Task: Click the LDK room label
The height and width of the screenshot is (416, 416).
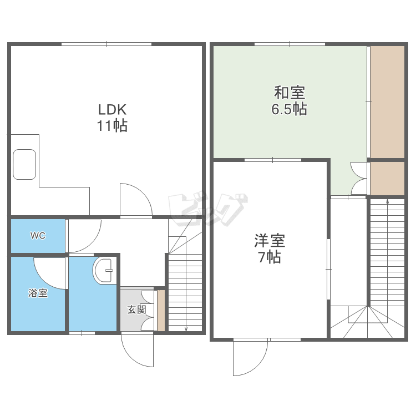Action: [112, 109]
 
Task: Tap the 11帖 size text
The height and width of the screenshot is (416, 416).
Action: [112, 126]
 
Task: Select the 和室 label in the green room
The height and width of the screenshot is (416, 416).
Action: [290, 92]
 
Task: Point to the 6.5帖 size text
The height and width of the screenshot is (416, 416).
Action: [289, 109]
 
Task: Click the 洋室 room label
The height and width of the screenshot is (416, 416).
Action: [270, 240]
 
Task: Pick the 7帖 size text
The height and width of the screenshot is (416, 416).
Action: [270, 257]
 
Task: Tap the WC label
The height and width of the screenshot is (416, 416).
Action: [38, 236]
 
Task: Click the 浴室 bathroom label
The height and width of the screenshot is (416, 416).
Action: [38, 293]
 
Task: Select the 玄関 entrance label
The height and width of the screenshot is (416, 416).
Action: [137, 310]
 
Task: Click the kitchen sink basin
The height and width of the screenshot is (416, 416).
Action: [24, 164]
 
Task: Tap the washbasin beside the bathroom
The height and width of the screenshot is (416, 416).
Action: [104, 270]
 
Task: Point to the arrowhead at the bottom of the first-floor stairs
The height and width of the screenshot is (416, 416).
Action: [186, 329]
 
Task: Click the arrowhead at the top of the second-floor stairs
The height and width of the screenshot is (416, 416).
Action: [387, 201]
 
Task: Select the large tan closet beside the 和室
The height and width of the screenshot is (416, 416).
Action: [387, 102]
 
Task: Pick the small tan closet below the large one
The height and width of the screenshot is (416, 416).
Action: [387, 179]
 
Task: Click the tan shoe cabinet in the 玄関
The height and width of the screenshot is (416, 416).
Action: [161, 311]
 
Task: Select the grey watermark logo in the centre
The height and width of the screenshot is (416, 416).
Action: [208, 210]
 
